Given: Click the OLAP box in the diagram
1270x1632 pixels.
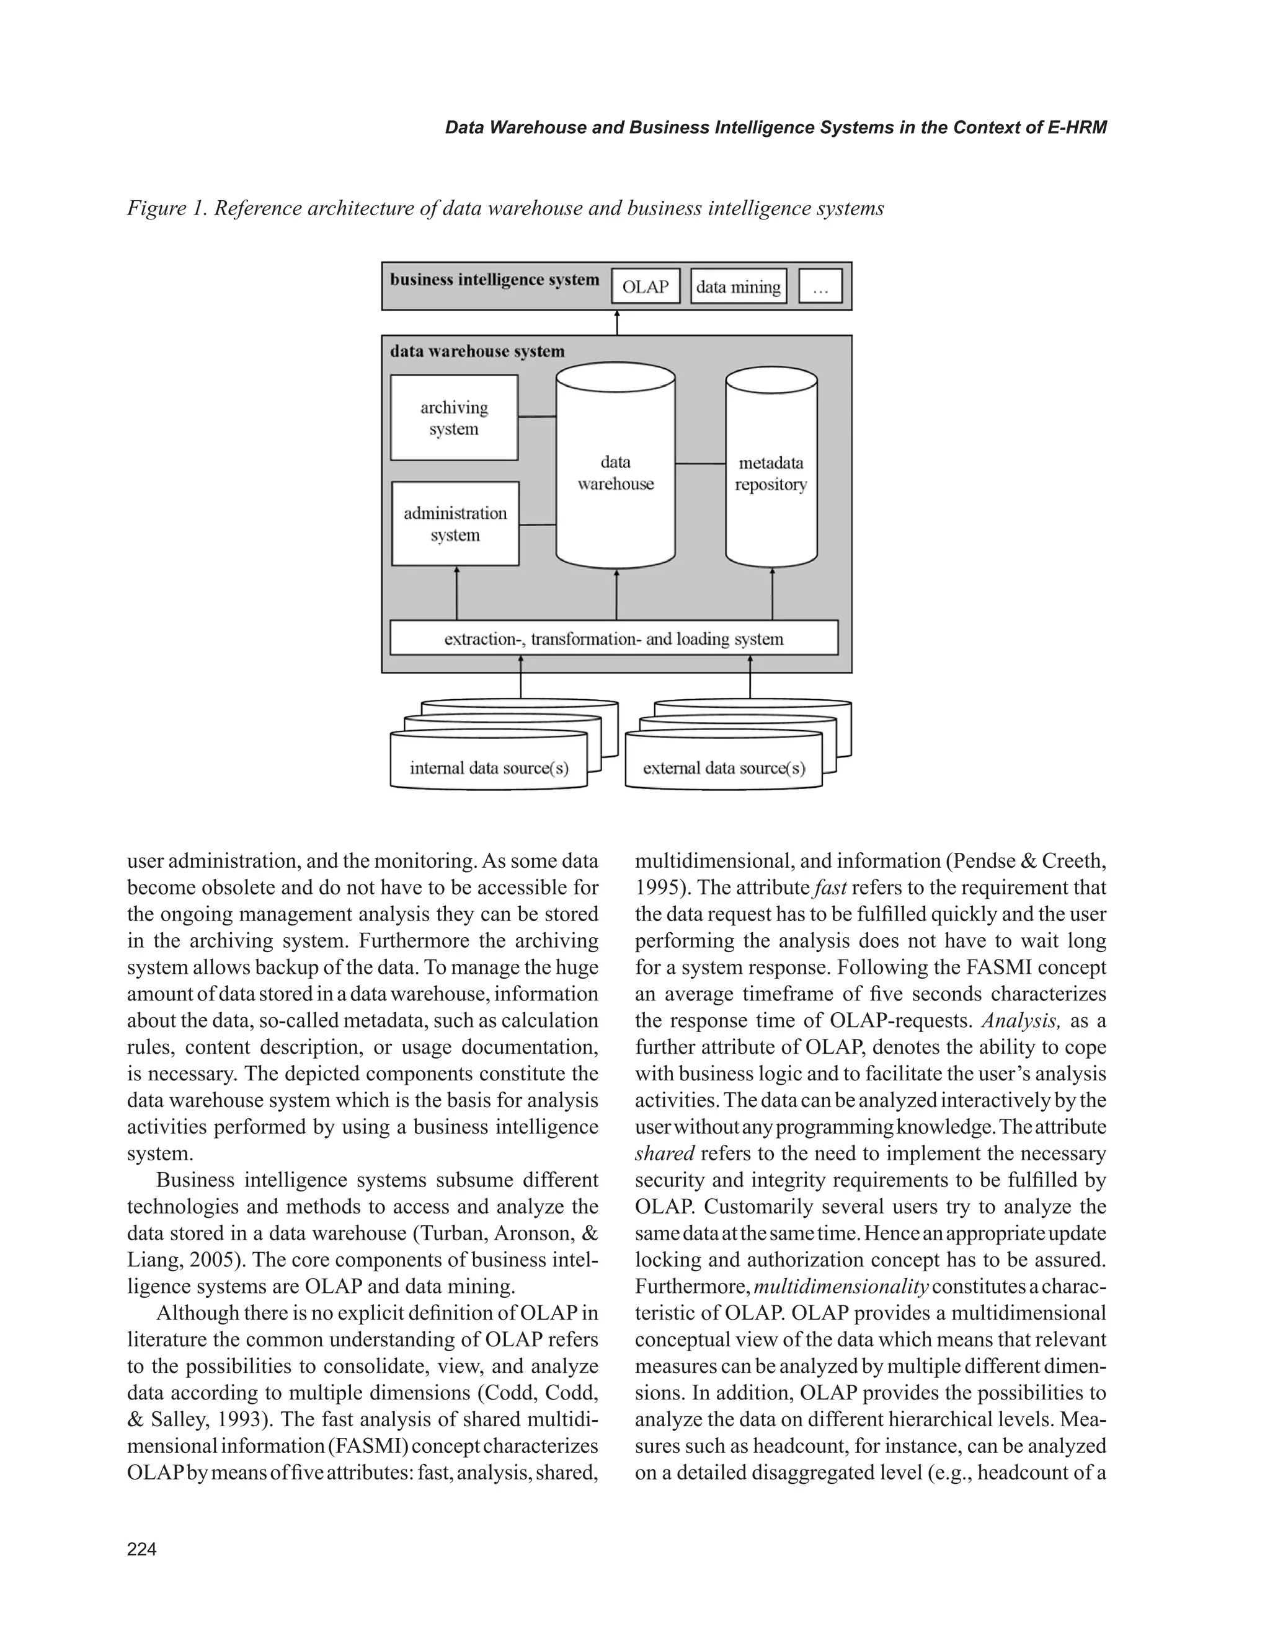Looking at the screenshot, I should [645, 287].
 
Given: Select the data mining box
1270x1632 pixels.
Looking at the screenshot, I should [738, 287].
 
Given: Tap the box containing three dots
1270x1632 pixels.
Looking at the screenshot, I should [820, 287].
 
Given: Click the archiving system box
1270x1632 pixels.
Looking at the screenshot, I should [454, 418].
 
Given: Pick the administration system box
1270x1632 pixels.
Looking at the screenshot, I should [455, 524].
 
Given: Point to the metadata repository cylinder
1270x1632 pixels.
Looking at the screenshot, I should [771, 474].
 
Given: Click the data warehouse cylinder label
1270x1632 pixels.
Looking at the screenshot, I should [615, 473].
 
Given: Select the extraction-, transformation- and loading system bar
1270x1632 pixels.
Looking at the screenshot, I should [614, 639].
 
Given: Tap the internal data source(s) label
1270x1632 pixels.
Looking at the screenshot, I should [489, 768].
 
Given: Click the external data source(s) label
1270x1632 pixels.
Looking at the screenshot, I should [724, 768].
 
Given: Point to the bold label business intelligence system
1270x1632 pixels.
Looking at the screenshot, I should [494, 280].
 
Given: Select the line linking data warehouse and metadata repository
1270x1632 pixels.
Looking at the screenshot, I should [700, 464].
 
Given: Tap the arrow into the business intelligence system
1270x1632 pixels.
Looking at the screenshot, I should [616, 323].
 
